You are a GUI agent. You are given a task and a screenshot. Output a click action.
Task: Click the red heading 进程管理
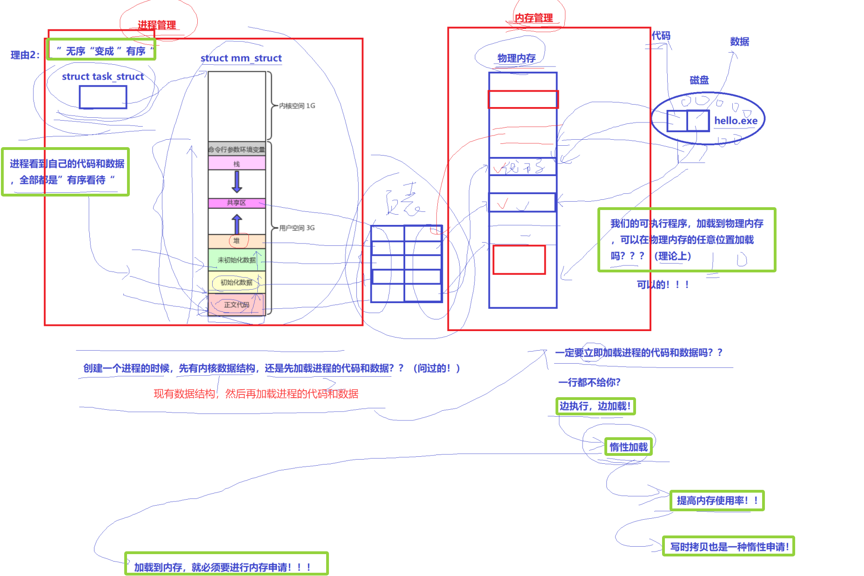157,25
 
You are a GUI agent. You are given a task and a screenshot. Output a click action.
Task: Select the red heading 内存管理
534,18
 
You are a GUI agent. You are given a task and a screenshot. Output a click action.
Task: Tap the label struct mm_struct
241,58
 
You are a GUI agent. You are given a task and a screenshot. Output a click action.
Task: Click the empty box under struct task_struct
103,97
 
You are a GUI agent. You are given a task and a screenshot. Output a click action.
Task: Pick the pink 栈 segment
237,163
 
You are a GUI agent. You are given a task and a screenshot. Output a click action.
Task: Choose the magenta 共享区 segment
237,203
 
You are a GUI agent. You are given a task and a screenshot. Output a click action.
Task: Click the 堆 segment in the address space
237,241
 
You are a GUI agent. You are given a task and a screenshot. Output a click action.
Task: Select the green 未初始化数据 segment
237,260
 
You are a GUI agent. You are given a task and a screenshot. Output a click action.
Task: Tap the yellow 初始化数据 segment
237,282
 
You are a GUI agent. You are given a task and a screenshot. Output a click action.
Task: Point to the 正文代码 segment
237,305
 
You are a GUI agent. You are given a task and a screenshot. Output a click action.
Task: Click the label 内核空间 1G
297,106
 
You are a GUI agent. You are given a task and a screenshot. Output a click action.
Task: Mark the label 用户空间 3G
297,228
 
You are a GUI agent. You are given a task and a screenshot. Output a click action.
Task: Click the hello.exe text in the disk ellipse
736,121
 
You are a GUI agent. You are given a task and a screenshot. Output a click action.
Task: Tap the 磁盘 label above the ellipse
699,80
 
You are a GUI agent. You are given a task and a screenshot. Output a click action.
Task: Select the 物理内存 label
516,58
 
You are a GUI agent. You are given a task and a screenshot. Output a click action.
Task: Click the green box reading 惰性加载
629,447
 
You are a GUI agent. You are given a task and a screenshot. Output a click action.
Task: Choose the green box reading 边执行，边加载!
595,406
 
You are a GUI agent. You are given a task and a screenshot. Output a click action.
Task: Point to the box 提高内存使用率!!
717,501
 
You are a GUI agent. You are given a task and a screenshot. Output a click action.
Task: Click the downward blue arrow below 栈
237,182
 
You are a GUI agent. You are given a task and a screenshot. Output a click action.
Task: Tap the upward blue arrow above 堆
237,224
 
